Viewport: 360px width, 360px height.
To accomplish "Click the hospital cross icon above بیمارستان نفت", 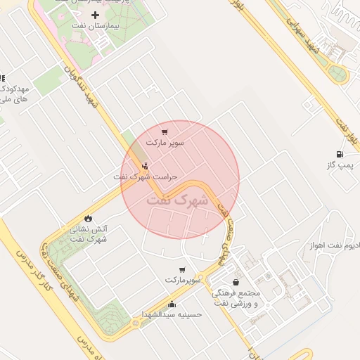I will click(95, 15).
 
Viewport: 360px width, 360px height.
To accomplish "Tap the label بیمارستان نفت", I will click(96, 25).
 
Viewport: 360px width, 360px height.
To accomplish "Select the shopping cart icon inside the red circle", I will click(165, 131).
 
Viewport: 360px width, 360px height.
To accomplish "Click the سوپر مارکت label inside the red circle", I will click(165, 143).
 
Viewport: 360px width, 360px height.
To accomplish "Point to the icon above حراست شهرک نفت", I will click(145, 167).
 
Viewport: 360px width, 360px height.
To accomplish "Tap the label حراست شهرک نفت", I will click(146, 177).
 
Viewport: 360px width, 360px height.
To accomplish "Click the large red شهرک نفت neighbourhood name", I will click(178, 200).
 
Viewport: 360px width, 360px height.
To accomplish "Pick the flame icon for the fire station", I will click(88, 218).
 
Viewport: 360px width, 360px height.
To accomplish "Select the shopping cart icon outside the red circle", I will click(183, 269).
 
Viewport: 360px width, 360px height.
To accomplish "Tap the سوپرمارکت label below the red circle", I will click(184, 280).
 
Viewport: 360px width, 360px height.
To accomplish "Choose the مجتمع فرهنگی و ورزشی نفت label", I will click(236, 297).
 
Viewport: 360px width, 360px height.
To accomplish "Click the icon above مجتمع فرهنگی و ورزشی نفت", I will click(236, 282).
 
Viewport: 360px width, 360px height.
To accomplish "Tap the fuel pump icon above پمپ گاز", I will click(340, 154).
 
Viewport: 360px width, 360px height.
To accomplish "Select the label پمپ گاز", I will click(340, 165).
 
